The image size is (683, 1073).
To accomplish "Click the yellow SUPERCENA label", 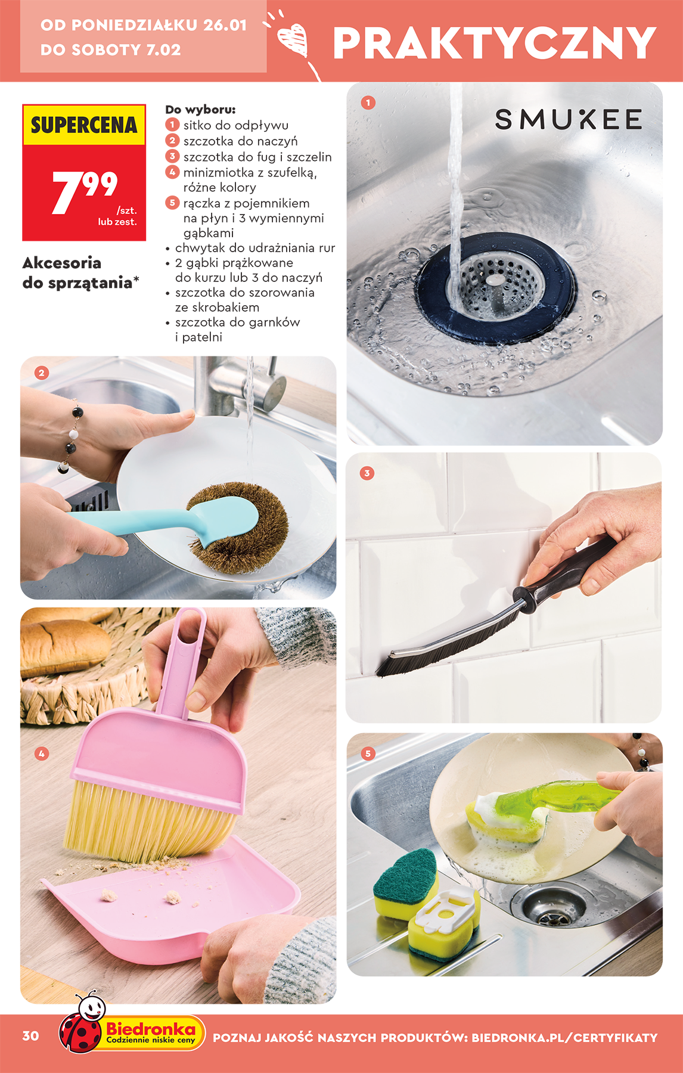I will click(84, 125).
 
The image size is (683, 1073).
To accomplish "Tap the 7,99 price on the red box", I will click(85, 191).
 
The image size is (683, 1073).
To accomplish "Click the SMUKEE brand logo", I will click(568, 119).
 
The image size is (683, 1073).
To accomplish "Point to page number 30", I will click(31, 1036).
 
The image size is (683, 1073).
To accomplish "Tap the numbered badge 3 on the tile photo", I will click(367, 473).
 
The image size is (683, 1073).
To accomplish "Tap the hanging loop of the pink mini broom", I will click(190, 623).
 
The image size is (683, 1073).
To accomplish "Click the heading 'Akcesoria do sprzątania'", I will click(80, 272).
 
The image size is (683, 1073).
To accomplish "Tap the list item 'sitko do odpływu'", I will click(235, 125).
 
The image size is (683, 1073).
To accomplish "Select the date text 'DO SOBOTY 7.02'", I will click(111, 49).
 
